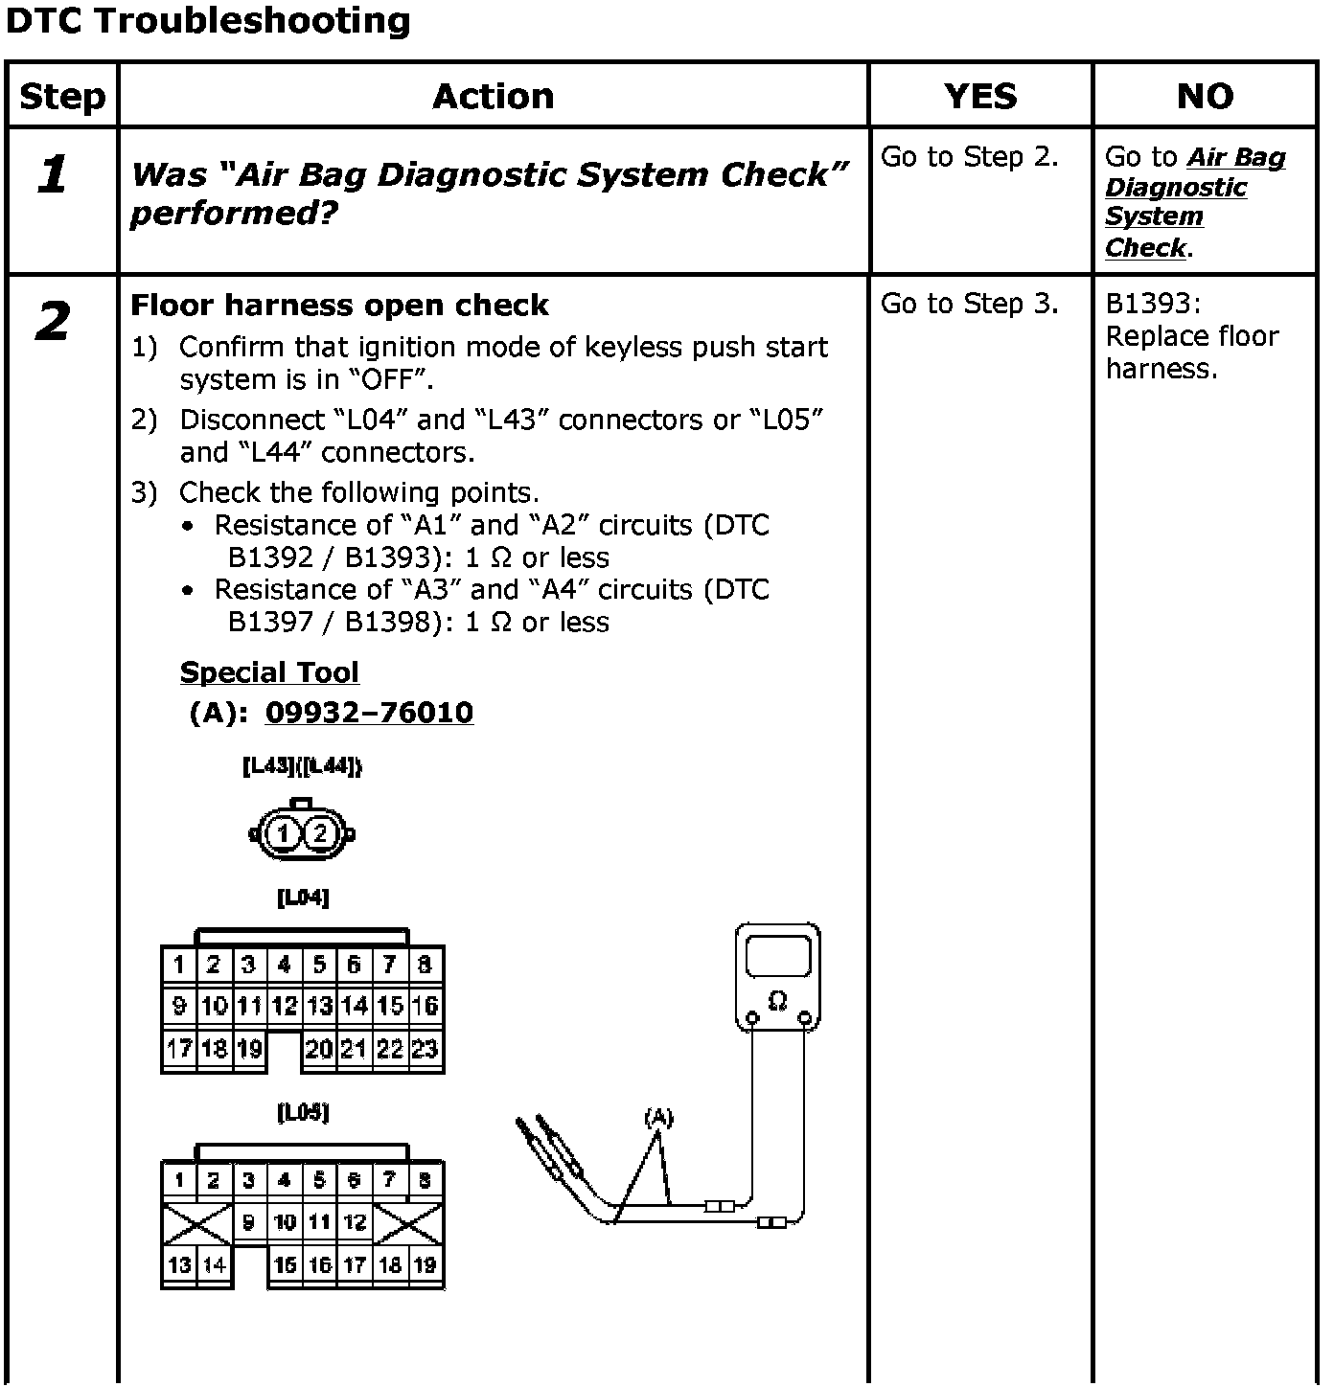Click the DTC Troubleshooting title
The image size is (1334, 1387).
point(208,21)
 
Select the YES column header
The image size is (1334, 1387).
point(979,96)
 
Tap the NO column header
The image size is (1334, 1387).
point(1205,96)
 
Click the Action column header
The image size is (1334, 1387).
point(493,96)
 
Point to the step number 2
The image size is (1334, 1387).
point(54,321)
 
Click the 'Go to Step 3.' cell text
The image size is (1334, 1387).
point(969,304)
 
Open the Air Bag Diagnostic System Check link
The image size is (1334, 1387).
point(1194,202)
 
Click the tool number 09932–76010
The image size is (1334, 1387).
point(369,713)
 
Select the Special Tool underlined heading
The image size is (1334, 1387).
point(269,672)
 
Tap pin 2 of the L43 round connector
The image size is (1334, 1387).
point(320,833)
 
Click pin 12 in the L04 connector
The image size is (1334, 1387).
point(284,1006)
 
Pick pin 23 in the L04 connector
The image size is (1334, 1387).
point(425,1049)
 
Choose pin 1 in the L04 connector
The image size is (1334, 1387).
point(178,965)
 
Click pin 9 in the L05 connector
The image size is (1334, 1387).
point(249,1222)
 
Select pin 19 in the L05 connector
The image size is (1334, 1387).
point(425,1265)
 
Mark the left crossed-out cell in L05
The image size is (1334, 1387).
point(196,1223)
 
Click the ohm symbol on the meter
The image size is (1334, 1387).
point(777,1001)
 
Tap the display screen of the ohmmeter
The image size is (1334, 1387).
point(778,958)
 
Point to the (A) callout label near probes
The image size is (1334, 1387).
point(658,1117)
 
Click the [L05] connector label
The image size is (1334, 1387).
point(303,1112)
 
